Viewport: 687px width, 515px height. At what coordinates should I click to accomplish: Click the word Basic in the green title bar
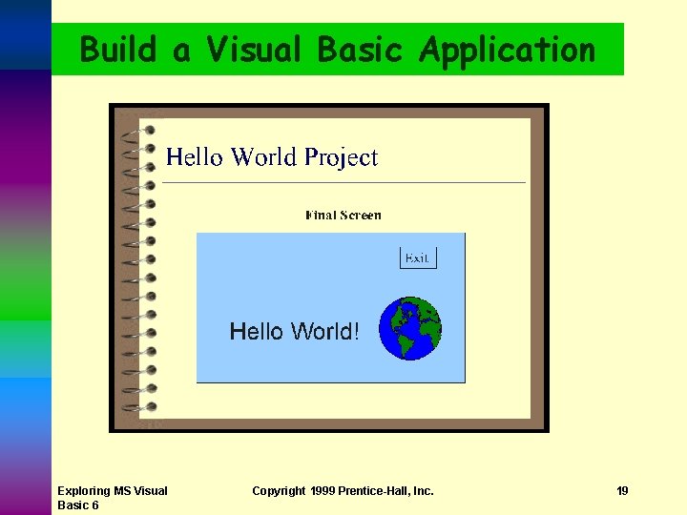tap(360, 49)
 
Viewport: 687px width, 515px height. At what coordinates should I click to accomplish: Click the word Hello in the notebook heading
tap(196, 157)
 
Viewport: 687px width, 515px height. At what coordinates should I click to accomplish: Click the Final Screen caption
tap(343, 216)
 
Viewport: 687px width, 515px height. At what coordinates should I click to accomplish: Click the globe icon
tap(410, 328)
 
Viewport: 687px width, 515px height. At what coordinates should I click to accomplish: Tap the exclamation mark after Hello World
tap(356, 331)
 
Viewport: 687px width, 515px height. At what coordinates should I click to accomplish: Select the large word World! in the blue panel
tap(324, 331)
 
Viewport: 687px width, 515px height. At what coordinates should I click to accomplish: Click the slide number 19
tap(622, 491)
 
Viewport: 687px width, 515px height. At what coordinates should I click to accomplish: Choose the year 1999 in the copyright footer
tap(323, 491)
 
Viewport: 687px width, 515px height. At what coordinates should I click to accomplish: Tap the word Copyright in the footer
tap(279, 491)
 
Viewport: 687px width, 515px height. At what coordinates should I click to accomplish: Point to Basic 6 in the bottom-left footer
tap(78, 505)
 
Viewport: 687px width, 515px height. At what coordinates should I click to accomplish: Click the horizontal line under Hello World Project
tap(343, 182)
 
